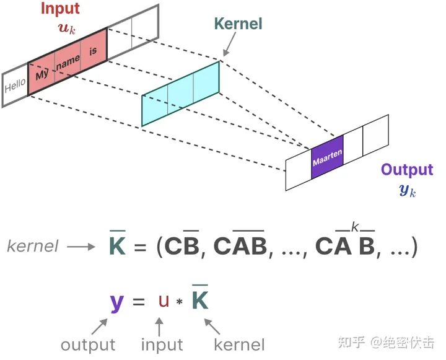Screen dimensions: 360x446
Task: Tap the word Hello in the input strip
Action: point(15,87)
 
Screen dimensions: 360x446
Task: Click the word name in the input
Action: point(68,62)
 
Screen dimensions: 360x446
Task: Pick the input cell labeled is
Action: point(93,51)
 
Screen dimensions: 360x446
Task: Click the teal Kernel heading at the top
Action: point(238,24)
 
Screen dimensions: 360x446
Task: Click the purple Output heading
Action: point(406,170)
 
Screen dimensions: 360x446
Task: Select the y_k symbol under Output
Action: point(407,190)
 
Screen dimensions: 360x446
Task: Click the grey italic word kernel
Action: point(32,246)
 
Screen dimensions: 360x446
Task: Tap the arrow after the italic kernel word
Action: point(82,246)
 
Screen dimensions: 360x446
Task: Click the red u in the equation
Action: point(163,302)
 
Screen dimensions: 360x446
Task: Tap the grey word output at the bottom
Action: point(88,345)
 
